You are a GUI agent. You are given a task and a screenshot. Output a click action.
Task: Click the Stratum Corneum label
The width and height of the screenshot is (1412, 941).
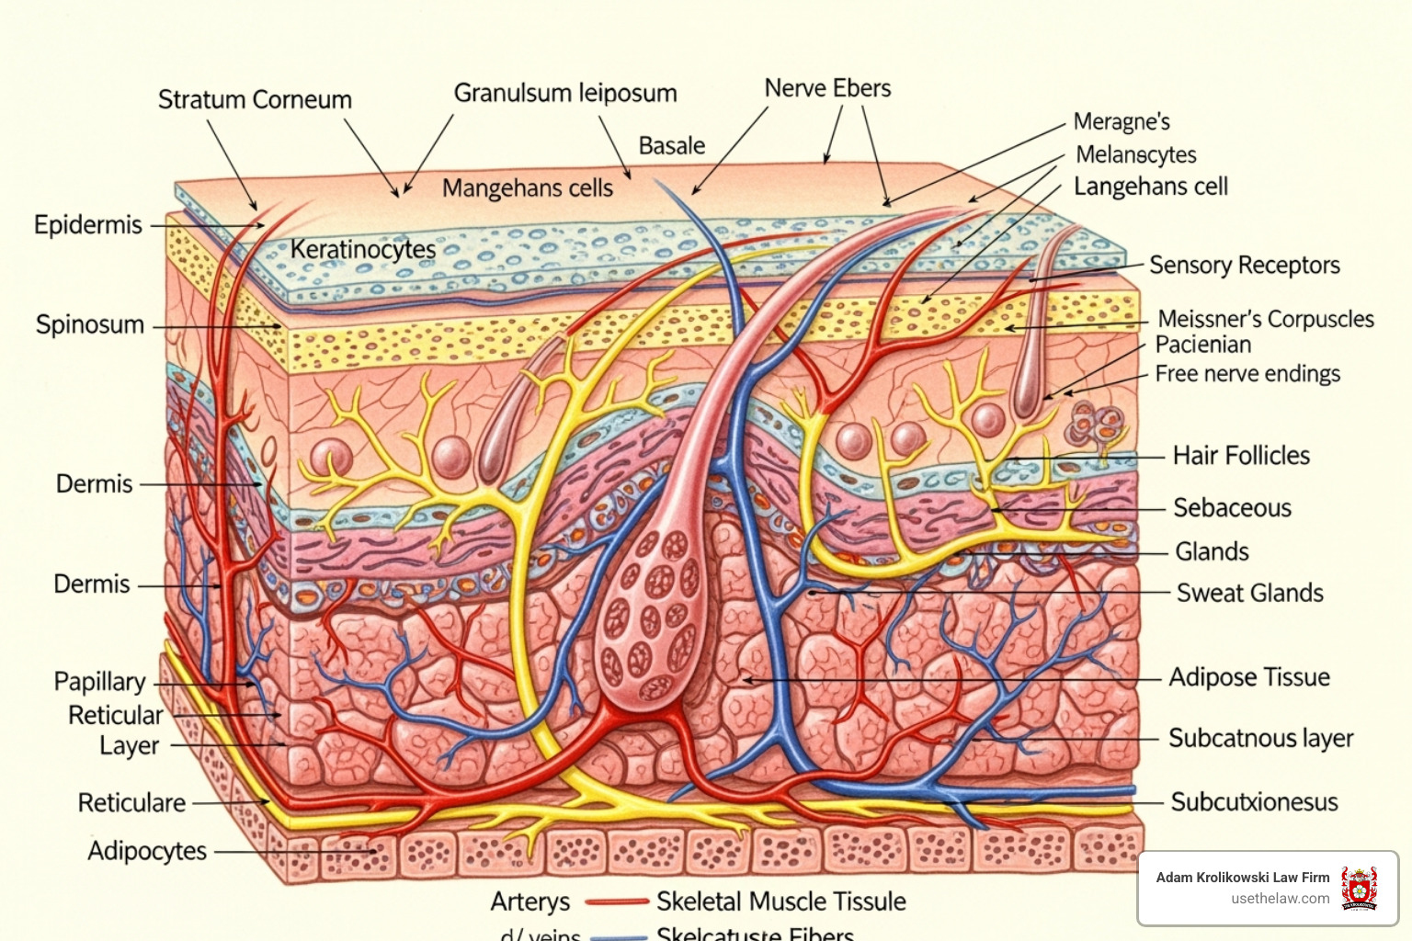click(255, 99)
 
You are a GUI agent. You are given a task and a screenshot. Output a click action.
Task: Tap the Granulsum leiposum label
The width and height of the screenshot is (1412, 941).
click(565, 93)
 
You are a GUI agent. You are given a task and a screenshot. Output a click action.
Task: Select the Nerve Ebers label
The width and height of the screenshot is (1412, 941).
click(827, 88)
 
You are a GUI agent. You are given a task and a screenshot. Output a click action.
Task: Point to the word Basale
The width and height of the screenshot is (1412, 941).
click(672, 146)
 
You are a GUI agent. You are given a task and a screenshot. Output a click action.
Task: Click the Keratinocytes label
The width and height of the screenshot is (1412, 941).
click(363, 249)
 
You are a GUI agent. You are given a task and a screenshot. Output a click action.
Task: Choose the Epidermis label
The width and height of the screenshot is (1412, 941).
click(88, 225)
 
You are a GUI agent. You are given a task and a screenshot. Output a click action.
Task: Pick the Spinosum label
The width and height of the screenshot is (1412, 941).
click(90, 324)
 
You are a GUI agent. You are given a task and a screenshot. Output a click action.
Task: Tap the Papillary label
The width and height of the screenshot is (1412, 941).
click(100, 682)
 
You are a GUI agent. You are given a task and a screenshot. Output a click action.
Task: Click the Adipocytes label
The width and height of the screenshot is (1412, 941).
click(147, 851)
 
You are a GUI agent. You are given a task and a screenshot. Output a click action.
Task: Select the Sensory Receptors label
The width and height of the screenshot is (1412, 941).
click(1244, 266)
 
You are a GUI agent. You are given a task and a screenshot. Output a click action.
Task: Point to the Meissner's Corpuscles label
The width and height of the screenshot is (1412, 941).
click(1265, 319)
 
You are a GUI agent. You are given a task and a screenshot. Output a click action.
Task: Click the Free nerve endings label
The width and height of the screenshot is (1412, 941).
click(1247, 374)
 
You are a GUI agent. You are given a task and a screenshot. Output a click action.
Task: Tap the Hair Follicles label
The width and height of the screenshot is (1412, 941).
click(1241, 456)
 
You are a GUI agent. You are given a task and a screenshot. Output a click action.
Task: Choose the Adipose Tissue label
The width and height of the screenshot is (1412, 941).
click(1249, 677)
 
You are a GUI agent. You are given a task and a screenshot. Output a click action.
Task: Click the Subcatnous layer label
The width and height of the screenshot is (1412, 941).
click(1260, 739)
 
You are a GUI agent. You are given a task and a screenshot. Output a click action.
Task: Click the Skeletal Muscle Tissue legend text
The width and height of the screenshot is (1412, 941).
click(780, 901)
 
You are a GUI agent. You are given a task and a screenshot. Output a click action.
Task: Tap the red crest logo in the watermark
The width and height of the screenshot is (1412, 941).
click(1359, 888)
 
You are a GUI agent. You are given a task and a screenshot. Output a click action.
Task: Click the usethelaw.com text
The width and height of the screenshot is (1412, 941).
click(1280, 899)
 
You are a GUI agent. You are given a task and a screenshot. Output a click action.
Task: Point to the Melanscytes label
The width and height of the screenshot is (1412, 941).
click(1136, 154)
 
